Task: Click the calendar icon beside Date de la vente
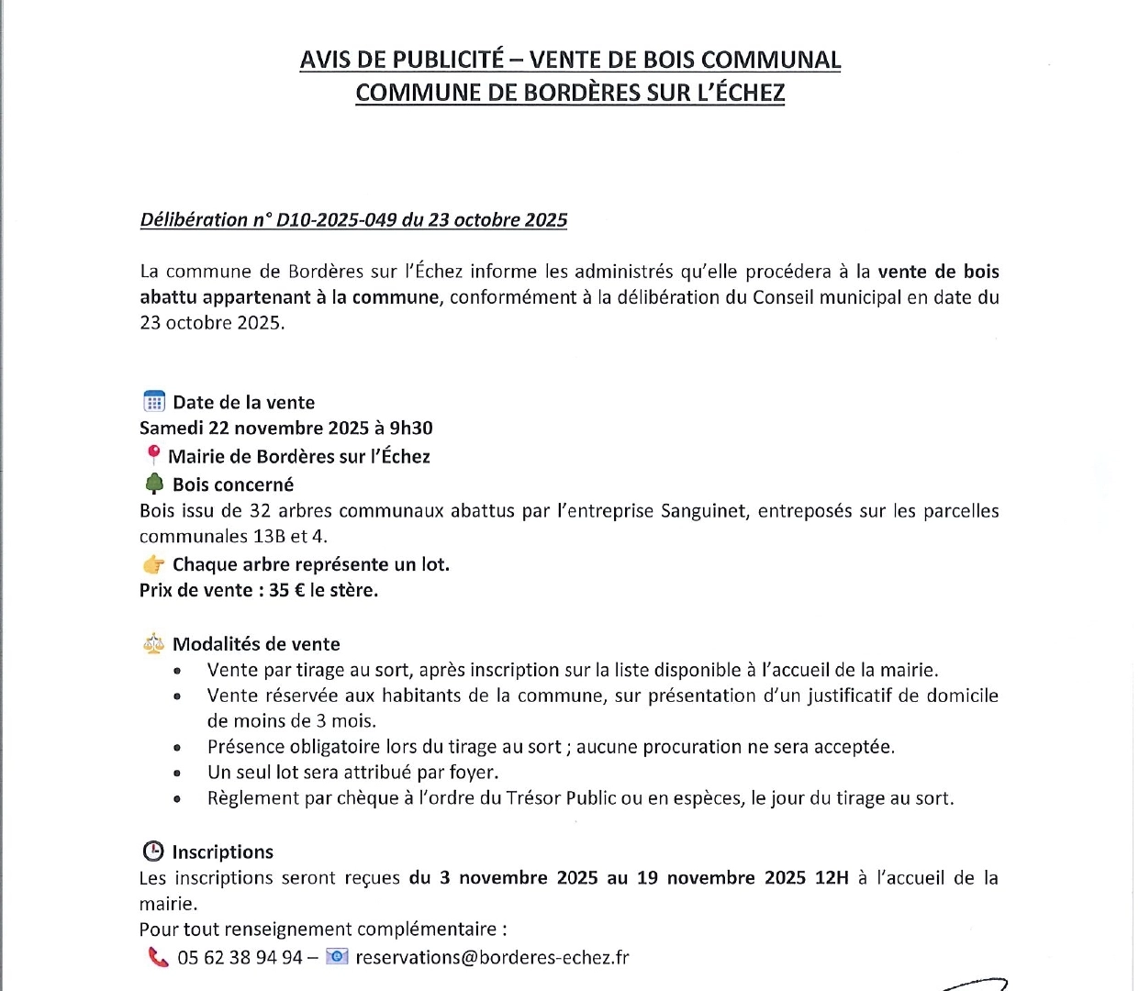pyautogui.click(x=153, y=402)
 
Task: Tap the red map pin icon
pyautogui.click(x=153, y=456)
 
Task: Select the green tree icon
pyautogui.click(x=154, y=484)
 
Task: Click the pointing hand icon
pyautogui.click(x=153, y=564)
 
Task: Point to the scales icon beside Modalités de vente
pyautogui.click(x=153, y=644)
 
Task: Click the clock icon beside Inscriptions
pyautogui.click(x=153, y=852)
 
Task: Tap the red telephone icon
pyautogui.click(x=158, y=957)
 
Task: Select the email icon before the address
pyautogui.click(x=337, y=957)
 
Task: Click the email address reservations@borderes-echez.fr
pyautogui.click(x=492, y=957)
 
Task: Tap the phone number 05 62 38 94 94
pyautogui.click(x=240, y=957)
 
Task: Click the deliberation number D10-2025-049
pyautogui.click(x=336, y=220)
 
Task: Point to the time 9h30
pyautogui.click(x=410, y=428)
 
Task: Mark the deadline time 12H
pyautogui.click(x=832, y=877)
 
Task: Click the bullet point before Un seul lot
pyautogui.click(x=177, y=774)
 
